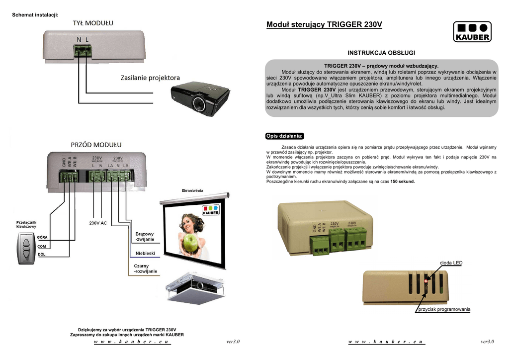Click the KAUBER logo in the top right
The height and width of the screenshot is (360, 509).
pos(472,32)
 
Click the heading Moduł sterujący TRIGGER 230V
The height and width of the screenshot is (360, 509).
pos(324,25)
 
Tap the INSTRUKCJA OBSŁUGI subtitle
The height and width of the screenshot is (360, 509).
pos(381,53)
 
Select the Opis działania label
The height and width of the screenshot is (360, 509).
pos(285,136)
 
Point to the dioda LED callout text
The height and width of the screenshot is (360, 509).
pos(451,263)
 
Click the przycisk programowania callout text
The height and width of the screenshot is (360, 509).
pos(444,309)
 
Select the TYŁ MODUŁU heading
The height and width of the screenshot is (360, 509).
pos(93,23)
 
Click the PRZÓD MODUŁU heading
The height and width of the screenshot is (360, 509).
pos(95,145)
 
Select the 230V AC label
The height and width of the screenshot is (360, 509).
pos(98,223)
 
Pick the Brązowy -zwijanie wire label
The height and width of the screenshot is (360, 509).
pos(145,237)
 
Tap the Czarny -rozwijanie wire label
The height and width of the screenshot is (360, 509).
pos(145,269)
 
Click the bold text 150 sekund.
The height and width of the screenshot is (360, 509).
pos(403,181)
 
